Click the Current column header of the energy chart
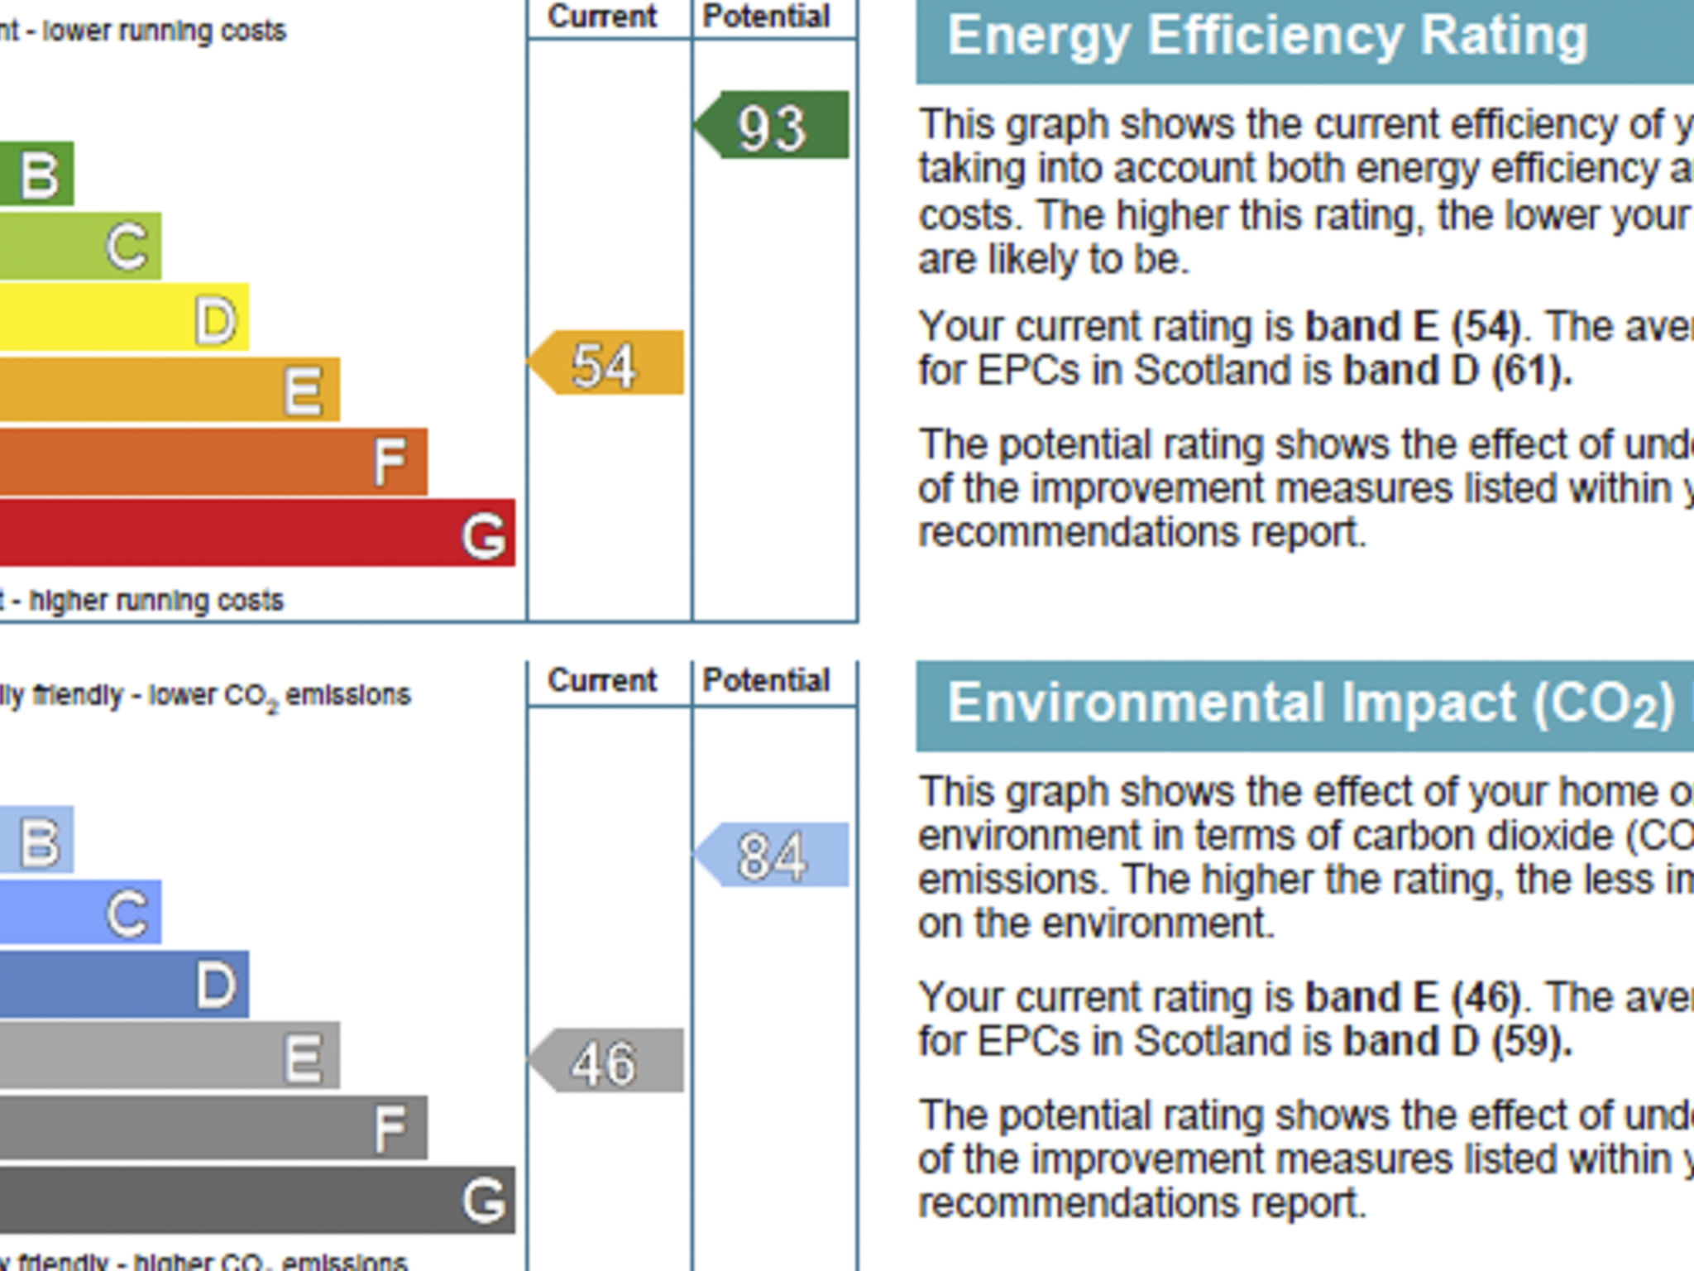[602, 17]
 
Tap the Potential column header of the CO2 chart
[766, 680]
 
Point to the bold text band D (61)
[1457, 371]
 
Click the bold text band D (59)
[1457, 1041]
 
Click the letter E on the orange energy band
[303, 391]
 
